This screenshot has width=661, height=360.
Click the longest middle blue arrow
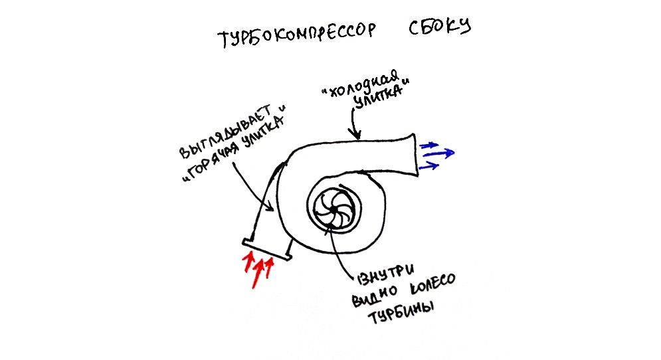[439, 153]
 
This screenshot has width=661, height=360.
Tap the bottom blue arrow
[429, 166]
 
